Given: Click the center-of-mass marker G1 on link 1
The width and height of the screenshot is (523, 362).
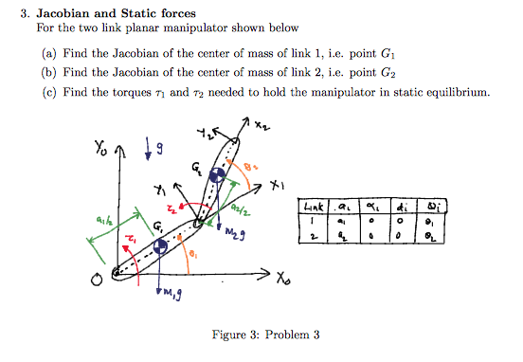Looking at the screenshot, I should click(x=160, y=246).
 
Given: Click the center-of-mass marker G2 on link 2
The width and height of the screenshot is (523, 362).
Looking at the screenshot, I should click(x=218, y=175).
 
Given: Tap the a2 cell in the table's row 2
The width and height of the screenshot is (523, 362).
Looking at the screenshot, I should click(x=345, y=241).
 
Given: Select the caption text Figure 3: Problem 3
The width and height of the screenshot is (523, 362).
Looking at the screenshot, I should click(x=261, y=335).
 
